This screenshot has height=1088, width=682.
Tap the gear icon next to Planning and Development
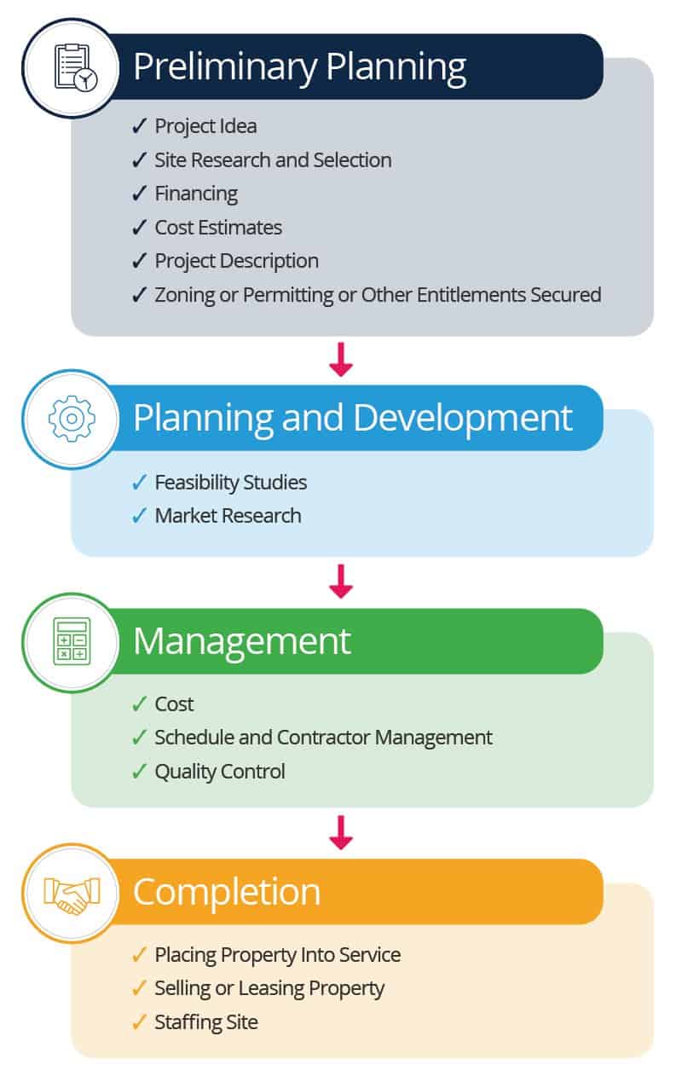pyautogui.click(x=72, y=418)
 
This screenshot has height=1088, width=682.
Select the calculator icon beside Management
pyautogui.click(x=72, y=641)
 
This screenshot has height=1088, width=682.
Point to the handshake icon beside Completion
pyautogui.click(x=72, y=892)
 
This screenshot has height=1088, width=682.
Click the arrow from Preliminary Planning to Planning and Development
pyautogui.click(x=340, y=360)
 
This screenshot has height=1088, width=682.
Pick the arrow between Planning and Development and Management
pyautogui.click(x=340, y=582)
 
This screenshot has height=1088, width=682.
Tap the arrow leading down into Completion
pyautogui.click(x=340, y=832)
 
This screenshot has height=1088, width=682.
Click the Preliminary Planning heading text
pyautogui.click(x=299, y=67)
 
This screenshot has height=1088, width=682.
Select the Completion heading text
pyautogui.click(x=227, y=891)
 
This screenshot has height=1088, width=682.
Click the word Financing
pyautogui.click(x=196, y=194)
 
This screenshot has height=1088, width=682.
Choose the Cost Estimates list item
pyautogui.click(x=218, y=228)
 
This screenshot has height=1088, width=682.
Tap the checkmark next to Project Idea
pyautogui.click(x=140, y=126)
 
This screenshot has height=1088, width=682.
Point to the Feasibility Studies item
pyautogui.click(x=230, y=483)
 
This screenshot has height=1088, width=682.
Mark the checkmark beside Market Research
pyautogui.click(x=140, y=516)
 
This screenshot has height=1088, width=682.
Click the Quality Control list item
pyautogui.click(x=219, y=772)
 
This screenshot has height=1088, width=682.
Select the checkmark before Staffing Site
pyautogui.click(x=140, y=1022)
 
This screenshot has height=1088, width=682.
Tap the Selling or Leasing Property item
pyautogui.click(x=269, y=988)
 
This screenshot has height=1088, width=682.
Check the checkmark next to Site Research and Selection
pyautogui.click(x=140, y=160)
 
